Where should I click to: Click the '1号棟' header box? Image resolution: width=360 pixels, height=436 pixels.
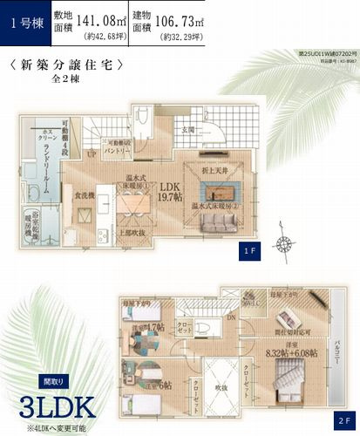(24, 23)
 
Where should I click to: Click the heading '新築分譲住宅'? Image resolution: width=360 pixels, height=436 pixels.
(66, 65)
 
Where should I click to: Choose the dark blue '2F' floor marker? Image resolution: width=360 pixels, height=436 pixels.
(343, 418)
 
